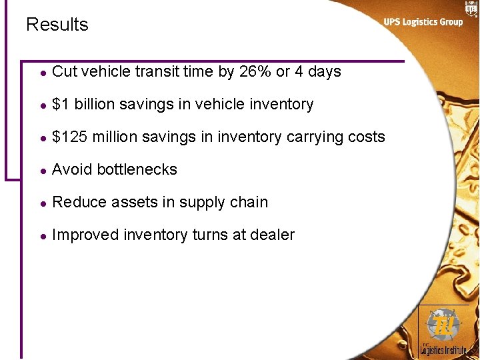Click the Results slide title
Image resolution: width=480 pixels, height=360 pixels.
click(57, 25)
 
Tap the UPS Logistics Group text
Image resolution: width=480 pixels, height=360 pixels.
click(423, 22)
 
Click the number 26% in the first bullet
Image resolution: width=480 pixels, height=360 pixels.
click(255, 71)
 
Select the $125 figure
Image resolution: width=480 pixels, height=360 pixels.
click(70, 137)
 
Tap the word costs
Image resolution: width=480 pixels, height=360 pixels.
click(367, 137)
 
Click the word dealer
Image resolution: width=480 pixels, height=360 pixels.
click(273, 235)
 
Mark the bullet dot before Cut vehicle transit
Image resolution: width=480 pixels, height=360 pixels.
click(43, 72)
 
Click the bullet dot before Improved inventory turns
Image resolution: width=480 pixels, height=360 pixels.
click(43, 235)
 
